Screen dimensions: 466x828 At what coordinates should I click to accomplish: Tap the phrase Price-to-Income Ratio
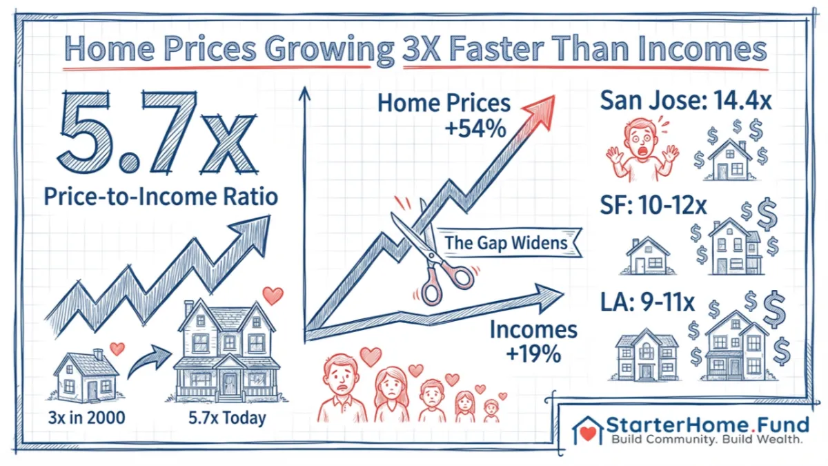pos(160,197)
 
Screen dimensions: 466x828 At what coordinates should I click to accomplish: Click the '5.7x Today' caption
pos(227,418)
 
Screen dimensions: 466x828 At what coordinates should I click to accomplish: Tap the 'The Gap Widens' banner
pos(506,243)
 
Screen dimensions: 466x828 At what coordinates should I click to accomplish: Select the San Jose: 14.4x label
pos(685,101)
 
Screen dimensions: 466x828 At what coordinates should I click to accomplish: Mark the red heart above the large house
pos(273,295)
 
